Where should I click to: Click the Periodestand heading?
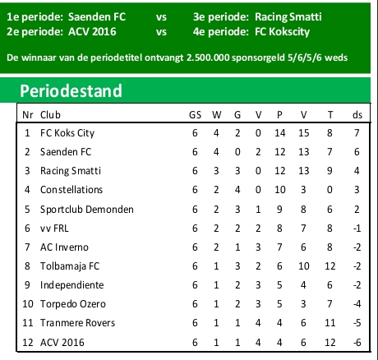(71, 90)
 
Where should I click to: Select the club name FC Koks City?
(65, 132)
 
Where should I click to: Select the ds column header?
(357, 114)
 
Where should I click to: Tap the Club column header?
(50, 114)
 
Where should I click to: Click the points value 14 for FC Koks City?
(279, 132)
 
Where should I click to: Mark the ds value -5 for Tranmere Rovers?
(357, 322)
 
